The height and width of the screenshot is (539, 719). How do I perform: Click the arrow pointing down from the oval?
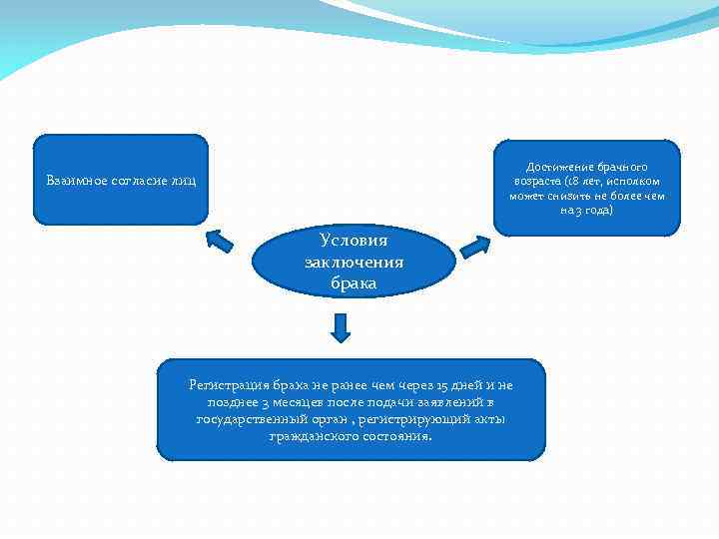[341, 327]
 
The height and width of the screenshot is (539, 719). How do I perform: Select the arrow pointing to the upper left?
[218, 240]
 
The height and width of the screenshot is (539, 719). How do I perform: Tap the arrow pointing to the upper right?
[476, 245]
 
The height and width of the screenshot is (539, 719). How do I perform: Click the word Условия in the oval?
[354, 241]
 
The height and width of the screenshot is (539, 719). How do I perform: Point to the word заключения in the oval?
[354, 263]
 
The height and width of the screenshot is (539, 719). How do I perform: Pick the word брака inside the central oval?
[354, 283]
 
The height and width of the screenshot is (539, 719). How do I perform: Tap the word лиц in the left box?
[185, 181]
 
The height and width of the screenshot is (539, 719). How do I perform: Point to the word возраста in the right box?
[537, 182]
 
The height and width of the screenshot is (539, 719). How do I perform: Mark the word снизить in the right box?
[566, 197]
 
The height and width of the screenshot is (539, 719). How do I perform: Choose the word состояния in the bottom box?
[398, 436]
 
